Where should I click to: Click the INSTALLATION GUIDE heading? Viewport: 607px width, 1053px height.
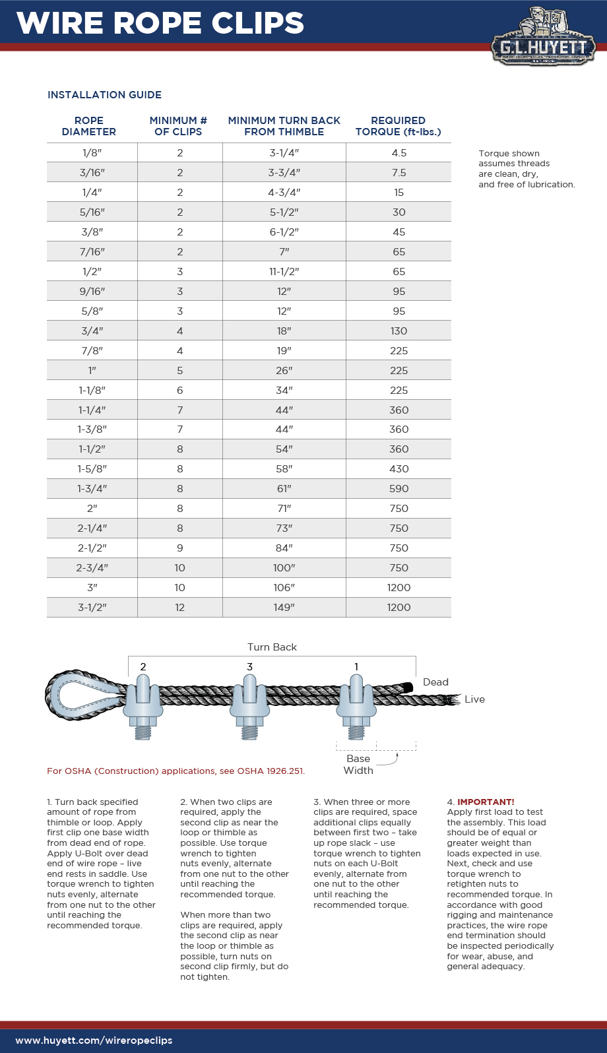point(104,95)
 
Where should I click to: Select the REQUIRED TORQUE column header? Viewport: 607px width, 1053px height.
point(398,126)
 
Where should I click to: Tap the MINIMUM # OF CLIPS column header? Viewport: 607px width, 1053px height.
point(178,126)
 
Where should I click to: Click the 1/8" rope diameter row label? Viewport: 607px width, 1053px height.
point(92,153)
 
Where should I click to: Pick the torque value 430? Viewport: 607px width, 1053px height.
point(399,469)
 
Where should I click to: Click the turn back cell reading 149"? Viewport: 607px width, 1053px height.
point(284,608)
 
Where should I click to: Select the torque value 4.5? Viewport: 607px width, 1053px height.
point(399,153)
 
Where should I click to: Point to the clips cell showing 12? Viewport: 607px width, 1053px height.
point(179,608)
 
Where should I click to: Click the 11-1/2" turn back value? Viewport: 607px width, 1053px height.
point(284,272)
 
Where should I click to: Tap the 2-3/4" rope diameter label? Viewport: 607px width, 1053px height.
point(92,568)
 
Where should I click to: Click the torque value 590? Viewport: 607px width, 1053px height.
point(399,489)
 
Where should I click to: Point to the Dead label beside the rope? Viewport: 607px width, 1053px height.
point(435,682)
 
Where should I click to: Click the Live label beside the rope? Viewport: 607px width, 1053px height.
point(474,699)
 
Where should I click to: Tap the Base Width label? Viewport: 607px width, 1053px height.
point(358,765)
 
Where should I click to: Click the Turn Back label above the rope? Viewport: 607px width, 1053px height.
point(272,647)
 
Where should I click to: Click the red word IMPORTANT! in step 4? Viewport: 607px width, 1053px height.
point(486,802)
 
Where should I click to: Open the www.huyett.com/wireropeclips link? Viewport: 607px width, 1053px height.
point(94,1040)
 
